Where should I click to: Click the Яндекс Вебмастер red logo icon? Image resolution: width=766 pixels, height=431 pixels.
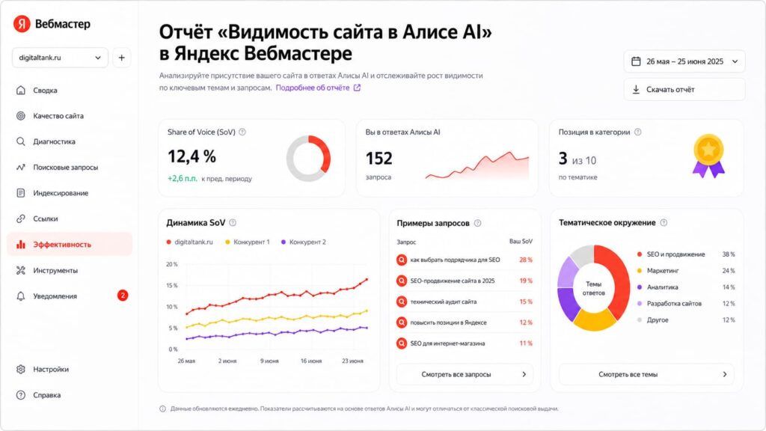click(22, 23)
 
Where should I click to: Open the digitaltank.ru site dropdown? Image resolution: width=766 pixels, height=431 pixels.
click(60, 58)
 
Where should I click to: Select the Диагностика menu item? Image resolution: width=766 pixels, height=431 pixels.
click(54, 141)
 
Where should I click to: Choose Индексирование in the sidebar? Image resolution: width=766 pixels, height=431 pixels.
click(61, 193)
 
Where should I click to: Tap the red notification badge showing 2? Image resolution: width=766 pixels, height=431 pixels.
click(123, 295)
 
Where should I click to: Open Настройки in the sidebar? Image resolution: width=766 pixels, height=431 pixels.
click(51, 370)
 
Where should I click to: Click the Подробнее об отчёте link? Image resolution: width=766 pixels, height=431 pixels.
click(318, 88)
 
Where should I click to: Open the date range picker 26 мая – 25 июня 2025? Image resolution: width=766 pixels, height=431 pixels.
click(684, 61)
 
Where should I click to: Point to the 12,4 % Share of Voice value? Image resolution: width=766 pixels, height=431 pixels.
click(191, 157)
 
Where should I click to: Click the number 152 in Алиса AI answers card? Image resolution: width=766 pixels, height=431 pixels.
click(379, 159)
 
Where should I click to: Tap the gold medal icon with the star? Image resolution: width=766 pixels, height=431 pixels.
click(708, 156)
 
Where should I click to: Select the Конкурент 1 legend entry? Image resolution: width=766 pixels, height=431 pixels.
click(248, 242)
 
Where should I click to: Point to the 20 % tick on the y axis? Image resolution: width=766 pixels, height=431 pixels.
click(172, 264)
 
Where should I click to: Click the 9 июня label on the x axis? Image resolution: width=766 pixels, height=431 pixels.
click(269, 361)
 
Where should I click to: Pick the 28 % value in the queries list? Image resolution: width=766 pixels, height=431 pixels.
click(526, 260)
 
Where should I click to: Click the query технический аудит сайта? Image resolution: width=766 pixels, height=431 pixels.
click(443, 302)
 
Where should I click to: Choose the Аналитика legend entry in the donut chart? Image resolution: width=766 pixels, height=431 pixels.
click(663, 287)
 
